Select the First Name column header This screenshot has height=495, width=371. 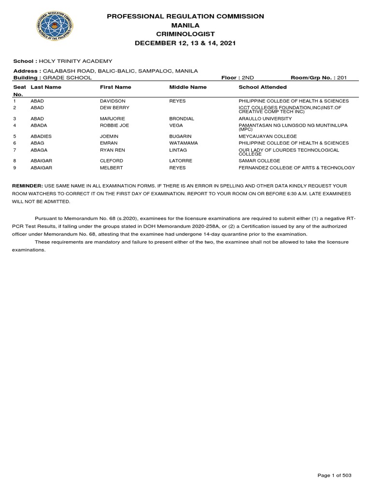[x=115, y=87]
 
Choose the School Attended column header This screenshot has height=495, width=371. [x=262, y=87]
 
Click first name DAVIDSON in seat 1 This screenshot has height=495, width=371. [x=112, y=101]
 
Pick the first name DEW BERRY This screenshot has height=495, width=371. [x=112, y=107]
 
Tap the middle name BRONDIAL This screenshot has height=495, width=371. [x=182, y=118]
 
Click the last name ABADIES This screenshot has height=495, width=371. [x=41, y=136]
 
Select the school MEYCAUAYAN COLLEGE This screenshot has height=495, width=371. [x=268, y=136]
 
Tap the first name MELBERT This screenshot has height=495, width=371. [x=111, y=168]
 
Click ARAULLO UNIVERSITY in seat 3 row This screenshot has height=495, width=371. [x=265, y=118]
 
